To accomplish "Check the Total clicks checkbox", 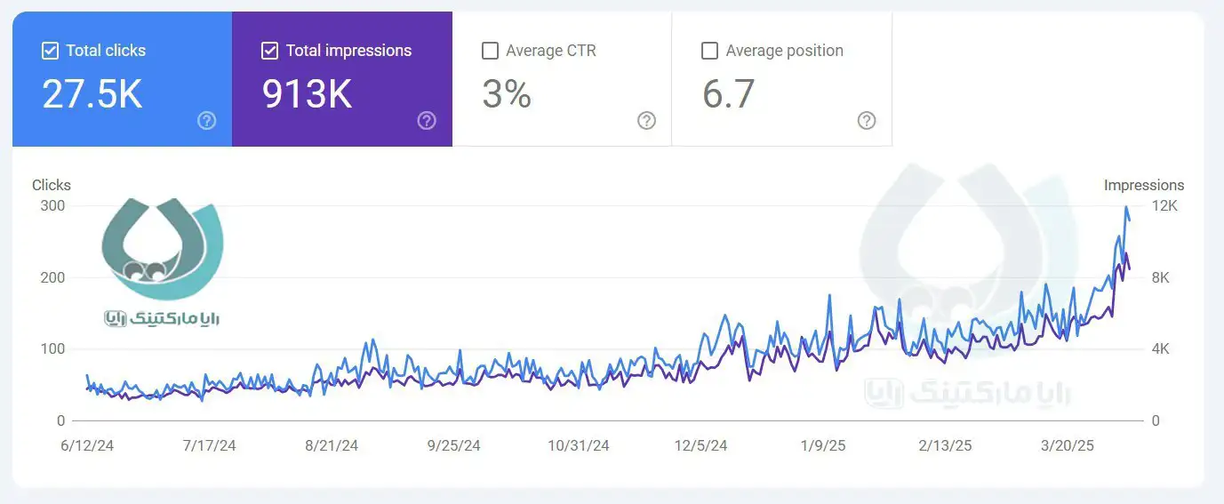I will click(x=50, y=51).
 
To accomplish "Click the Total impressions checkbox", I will click(x=269, y=51).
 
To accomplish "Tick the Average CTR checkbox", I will click(x=490, y=51).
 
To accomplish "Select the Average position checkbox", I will click(x=709, y=51).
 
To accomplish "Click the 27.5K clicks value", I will click(x=92, y=93).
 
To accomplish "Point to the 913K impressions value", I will click(x=307, y=93).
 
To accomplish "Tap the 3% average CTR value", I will click(x=507, y=93).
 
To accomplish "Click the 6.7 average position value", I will click(x=728, y=93).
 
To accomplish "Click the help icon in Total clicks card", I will click(x=207, y=121).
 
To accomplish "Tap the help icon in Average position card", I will click(x=867, y=121).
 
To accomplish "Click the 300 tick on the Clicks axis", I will click(x=54, y=206).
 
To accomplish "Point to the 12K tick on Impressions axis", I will click(x=1164, y=206).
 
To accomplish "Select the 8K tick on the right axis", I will click(x=1161, y=277).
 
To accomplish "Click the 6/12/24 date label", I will click(x=86, y=445).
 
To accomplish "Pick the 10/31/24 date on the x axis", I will click(x=578, y=445).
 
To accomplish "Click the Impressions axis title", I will click(x=1144, y=185).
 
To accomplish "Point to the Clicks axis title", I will click(x=52, y=185).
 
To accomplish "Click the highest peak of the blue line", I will click(x=1126, y=208).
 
